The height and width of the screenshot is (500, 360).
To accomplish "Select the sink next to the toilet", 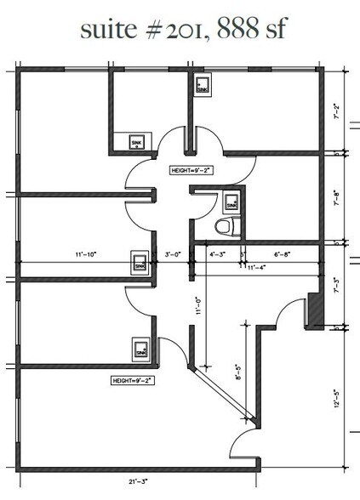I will (x=230, y=203).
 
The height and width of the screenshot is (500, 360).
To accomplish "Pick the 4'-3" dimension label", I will (x=217, y=253).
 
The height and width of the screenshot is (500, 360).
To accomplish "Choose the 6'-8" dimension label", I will (x=283, y=253).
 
